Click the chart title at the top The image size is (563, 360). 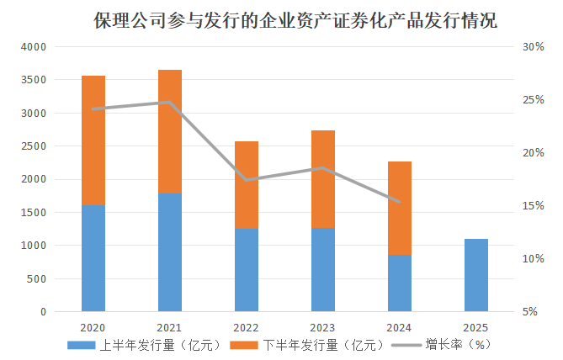295,21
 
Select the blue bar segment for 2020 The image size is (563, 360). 93,258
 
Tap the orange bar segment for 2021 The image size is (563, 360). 170,131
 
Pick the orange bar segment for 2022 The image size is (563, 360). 247,185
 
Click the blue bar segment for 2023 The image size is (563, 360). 323,269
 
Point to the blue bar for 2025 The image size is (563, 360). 476,275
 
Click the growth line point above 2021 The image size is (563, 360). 170,103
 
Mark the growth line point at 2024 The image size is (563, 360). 400,202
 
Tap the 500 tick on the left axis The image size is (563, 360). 39,278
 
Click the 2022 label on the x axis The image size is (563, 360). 247,327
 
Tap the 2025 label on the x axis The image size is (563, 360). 476,327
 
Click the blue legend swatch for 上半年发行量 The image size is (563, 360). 82,345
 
